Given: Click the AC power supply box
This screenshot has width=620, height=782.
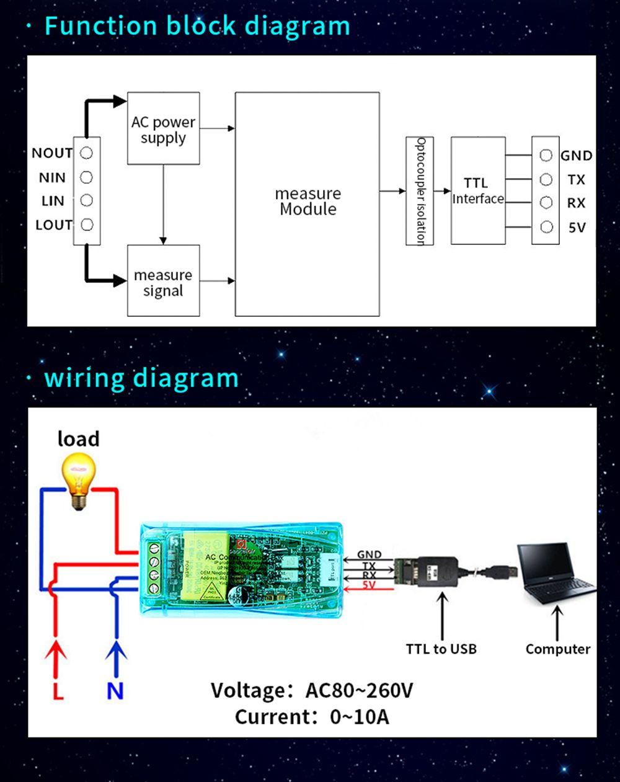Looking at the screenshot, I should pos(163,128).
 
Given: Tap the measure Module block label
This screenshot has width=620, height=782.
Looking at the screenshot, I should pos(308,202).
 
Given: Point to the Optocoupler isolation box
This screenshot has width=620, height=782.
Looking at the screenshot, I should pos(420,190).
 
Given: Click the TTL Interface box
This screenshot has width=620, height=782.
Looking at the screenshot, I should pos(477,190).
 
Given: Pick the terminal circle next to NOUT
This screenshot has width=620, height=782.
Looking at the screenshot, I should pos(87,153).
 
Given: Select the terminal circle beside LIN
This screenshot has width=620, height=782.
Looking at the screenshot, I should pos(87,200).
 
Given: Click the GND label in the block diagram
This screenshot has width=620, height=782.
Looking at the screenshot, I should pos(576,156).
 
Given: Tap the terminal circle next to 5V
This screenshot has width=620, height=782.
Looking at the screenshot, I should pos(546,227).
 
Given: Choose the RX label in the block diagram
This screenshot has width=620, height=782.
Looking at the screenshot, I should pos(576,203).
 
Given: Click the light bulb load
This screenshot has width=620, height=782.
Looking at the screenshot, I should pos(78,479).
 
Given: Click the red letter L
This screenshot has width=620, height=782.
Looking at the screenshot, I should pos(58,691).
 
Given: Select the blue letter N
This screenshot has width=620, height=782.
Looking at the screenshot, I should pos(115,691).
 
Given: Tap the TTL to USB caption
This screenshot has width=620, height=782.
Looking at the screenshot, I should pos(441,649).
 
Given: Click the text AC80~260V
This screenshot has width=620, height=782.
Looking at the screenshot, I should pos(359,690).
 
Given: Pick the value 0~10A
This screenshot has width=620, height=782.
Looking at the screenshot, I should pos(360,717).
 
